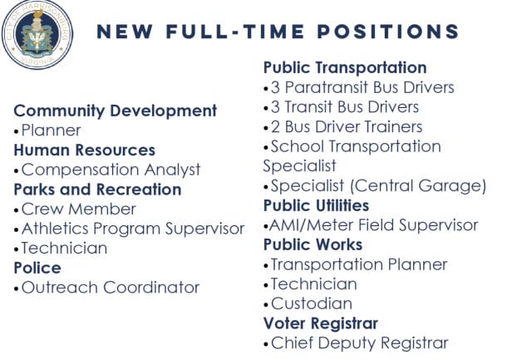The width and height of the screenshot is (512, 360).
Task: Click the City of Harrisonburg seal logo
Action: pos(37,34)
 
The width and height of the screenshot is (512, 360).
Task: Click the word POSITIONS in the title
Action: pos(388,32)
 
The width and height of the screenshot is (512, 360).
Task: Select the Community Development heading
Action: pos(116,111)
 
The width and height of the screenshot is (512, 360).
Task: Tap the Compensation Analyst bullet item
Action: pos(111,170)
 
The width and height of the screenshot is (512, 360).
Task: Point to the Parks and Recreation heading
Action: pos(97,190)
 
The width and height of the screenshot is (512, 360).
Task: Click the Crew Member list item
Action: pos(78,209)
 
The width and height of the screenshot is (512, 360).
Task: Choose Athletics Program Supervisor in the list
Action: pos(133,229)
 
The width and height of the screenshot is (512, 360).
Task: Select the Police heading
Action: pos(37,269)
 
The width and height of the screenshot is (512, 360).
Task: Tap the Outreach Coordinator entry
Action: pos(111,288)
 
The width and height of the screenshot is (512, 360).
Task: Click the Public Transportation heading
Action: pos(345,68)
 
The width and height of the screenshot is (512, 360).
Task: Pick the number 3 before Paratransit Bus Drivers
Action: pos(275,87)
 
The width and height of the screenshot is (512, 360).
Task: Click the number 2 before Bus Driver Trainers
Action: pos(275,127)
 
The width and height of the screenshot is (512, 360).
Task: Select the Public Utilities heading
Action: pos(316,206)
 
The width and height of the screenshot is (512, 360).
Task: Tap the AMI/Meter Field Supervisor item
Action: pos(374,225)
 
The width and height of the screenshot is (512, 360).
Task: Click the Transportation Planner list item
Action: pos(359,264)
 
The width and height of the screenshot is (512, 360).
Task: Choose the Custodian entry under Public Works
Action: pos(312,303)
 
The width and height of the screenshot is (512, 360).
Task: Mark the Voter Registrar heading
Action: pos(321,323)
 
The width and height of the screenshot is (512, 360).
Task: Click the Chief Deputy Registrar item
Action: pos(360,343)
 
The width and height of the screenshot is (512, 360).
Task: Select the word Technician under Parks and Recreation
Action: pos(64,249)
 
